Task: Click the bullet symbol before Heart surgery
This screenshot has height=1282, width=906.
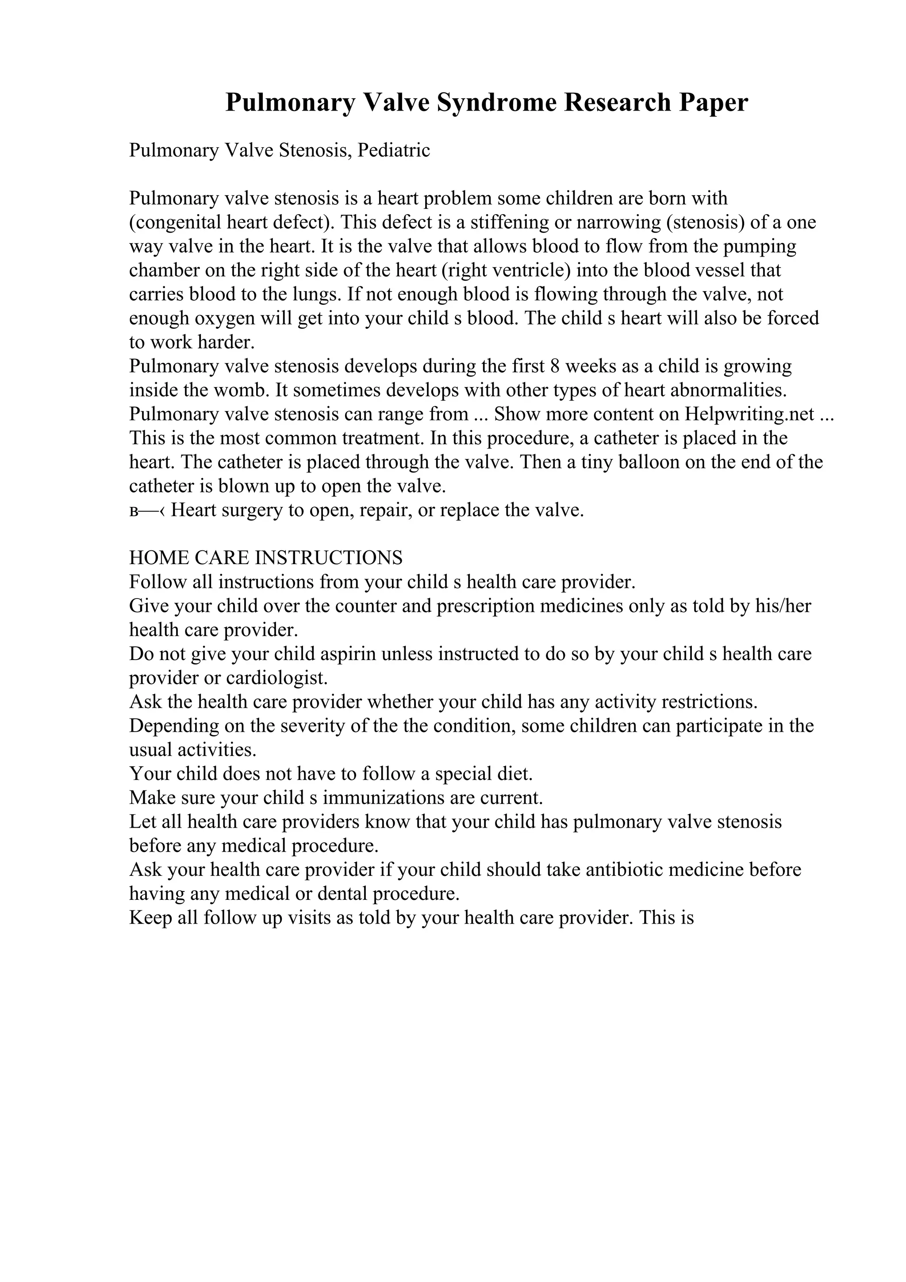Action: (147, 510)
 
